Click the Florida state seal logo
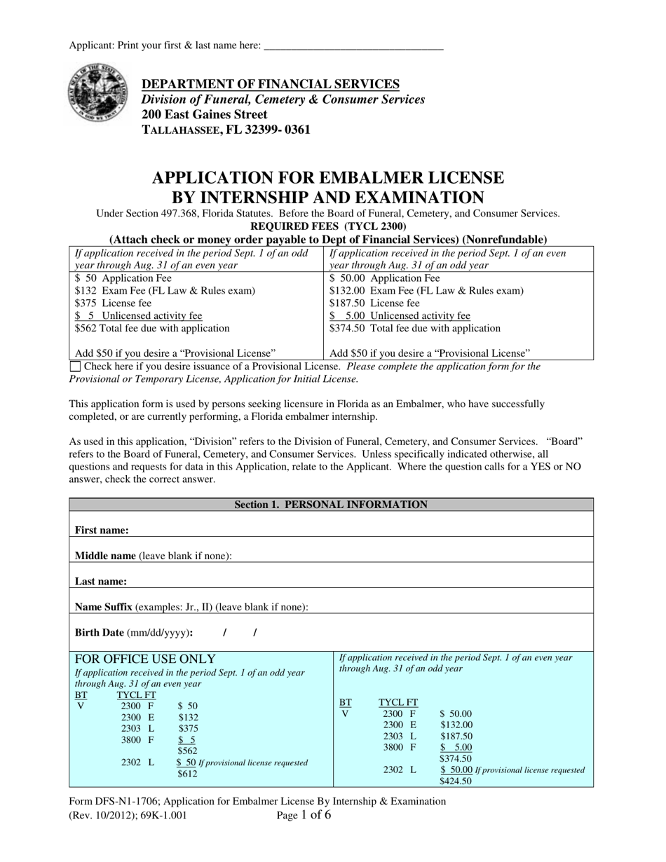(x=97, y=92)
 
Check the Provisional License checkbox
(x=75, y=367)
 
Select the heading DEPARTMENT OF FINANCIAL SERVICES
(x=271, y=84)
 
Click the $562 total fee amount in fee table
(x=84, y=328)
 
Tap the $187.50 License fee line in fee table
(x=374, y=303)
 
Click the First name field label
(x=102, y=531)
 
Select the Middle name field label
(x=105, y=556)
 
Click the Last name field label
(x=101, y=581)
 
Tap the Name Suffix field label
(x=104, y=607)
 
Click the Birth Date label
(x=98, y=632)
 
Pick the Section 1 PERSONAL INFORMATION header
(x=331, y=505)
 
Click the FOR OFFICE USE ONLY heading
(x=145, y=659)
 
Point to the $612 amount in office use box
(x=187, y=774)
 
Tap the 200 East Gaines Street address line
(x=204, y=114)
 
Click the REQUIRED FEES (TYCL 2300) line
(x=328, y=226)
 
